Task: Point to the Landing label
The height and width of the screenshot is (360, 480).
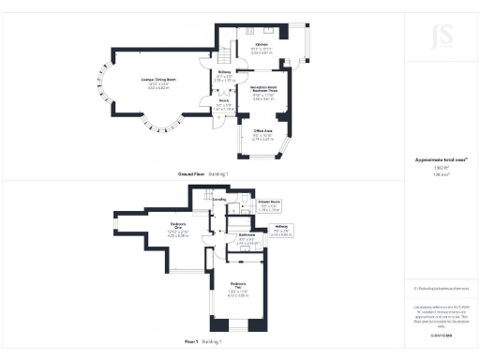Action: (221, 200)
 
